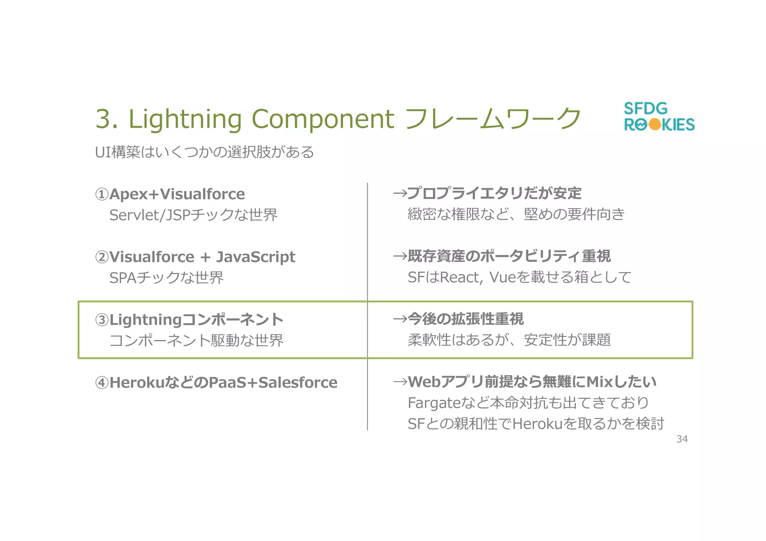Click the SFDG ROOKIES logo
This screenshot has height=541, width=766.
(659, 117)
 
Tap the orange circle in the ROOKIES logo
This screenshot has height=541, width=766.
(655, 124)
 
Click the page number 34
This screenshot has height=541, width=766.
(681, 439)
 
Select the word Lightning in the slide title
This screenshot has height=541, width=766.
(185, 120)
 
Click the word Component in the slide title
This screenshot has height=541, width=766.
(323, 120)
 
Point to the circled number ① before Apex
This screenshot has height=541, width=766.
(102, 194)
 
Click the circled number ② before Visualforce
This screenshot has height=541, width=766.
(102, 257)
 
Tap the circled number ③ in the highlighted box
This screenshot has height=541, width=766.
(102, 320)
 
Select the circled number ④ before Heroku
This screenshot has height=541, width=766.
(102, 383)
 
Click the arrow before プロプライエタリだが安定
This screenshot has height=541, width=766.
(399, 193)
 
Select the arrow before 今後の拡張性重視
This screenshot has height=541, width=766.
(399, 319)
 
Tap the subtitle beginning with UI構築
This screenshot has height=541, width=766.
(204, 152)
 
